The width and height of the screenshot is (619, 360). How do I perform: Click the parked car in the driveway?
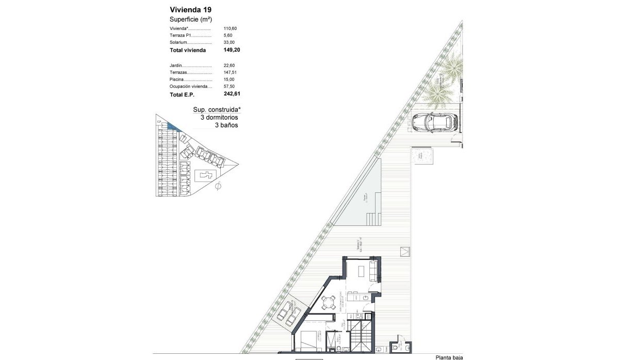click(x=435, y=122)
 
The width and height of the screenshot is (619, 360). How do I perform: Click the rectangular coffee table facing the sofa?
click(x=363, y=271)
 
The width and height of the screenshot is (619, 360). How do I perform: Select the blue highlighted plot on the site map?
click(x=172, y=125)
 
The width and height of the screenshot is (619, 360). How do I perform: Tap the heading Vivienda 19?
click(x=190, y=9)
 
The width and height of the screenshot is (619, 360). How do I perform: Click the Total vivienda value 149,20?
click(x=232, y=50)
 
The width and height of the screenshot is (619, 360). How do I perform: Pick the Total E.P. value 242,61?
click(x=232, y=94)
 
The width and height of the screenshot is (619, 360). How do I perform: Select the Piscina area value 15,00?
click(x=229, y=79)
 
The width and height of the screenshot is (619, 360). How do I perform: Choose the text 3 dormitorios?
click(x=219, y=118)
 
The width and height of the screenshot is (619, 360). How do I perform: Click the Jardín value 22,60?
click(x=229, y=66)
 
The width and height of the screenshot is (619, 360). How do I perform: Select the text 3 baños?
click(x=226, y=125)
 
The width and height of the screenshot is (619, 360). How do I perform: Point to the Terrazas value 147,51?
click(x=230, y=73)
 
